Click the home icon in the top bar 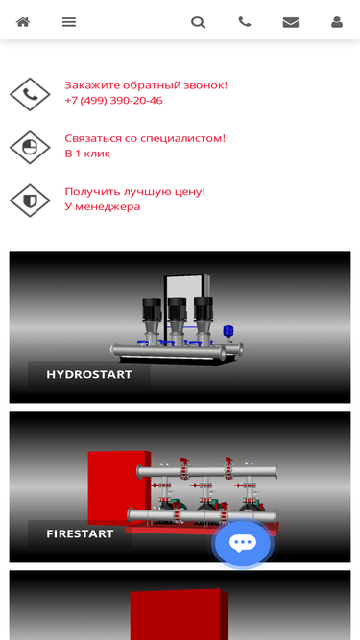(x=23, y=22)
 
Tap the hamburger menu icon (x=69, y=22)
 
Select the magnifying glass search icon (x=198, y=22)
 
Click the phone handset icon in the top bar (x=245, y=21)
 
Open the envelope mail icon (x=291, y=22)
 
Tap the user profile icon (x=337, y=22)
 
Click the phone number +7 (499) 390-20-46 (x=113, y=101)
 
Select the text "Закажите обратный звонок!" (x=146, y=85)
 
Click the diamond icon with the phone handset (x=30, y=94)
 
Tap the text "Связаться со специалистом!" (x=145, y=138)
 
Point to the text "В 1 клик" (x=87, y=154)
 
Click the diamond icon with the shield (x=30, y=201)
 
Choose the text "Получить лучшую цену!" (x=134, y=192)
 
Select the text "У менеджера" (x=103, y=206)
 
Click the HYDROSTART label (x=89, y=374)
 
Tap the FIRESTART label (x=80, y=533)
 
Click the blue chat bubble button (x=243, y=543)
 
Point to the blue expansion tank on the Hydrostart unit (x=228, y=330)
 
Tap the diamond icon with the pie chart (x=30, y=148)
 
